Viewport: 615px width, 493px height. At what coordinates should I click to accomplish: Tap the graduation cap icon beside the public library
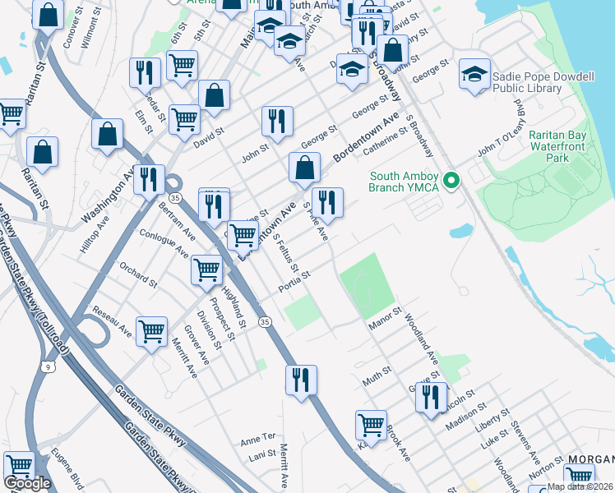[x=474, y=74]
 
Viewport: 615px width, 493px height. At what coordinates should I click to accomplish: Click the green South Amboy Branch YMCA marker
[x=450, y=179]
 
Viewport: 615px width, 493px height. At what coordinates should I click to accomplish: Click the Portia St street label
[x=294, y=280]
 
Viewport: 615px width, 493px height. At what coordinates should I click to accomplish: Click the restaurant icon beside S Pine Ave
[x=328, y=202]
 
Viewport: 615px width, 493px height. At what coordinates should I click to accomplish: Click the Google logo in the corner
[x=27, y=483]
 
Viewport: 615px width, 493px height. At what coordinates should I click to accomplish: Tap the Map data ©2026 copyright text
[x=580, y=487]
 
